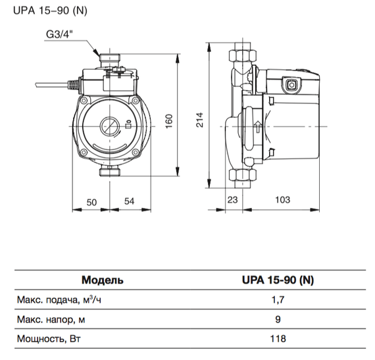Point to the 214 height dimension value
[x=200, y=119]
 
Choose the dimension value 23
[x=232, y=199]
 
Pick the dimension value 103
[x=282, y=199]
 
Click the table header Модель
[x=102, y=280]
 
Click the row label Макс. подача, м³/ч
[x=48, y=301]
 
